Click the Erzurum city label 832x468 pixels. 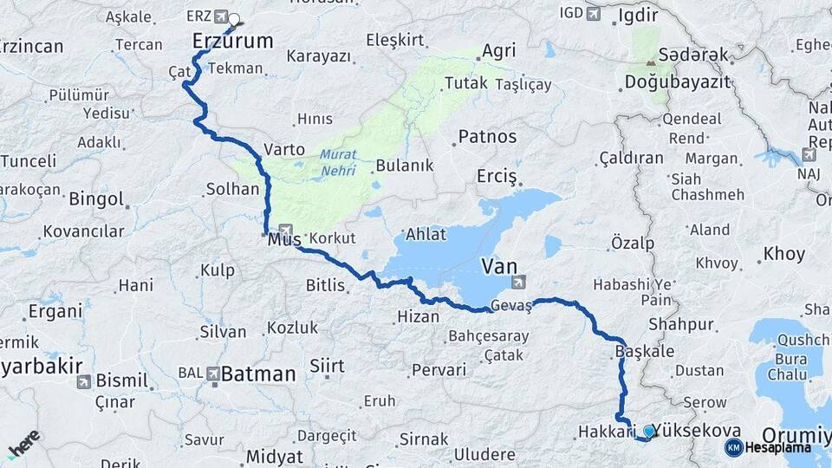232,41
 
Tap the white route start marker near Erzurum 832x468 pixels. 234,18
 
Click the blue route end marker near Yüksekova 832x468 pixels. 649,431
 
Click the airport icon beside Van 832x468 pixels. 518,281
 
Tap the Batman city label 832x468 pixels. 258,374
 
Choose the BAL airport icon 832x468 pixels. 213,374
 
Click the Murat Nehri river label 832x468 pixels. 338,163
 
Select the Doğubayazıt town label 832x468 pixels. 677,82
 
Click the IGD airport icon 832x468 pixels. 593,13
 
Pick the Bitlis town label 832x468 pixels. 326,284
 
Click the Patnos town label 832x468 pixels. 487,137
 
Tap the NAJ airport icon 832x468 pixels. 809,155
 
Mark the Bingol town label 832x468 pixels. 97,198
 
